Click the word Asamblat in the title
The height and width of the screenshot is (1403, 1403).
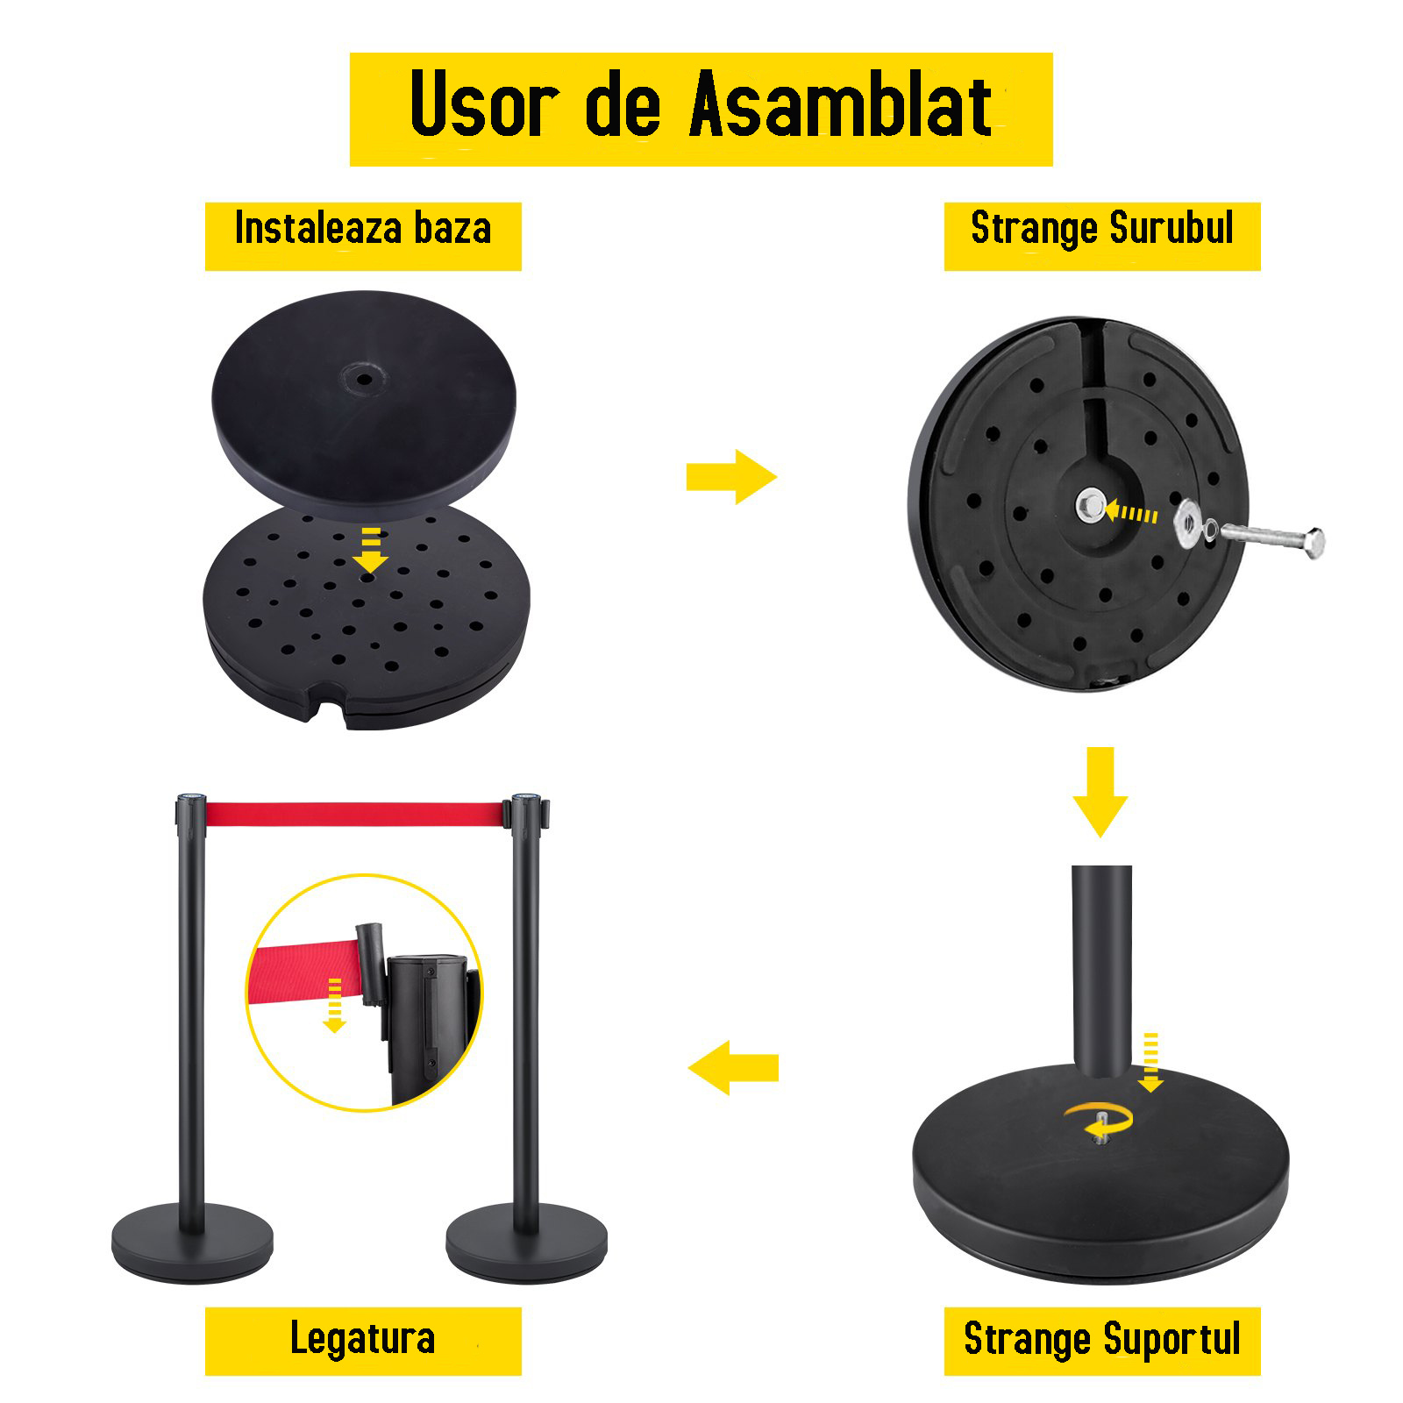pyautogui.click(x=841, y=105)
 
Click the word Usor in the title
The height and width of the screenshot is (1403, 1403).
pyautogui.click(x=485, y=105)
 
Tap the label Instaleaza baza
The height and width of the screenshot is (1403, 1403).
pyautogui.click(x=363, y=229)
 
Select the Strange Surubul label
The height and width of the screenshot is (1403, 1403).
pyautogui.click(x=1102, y=229)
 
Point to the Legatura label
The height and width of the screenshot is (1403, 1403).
pyautogui.click(x=363, y=1339)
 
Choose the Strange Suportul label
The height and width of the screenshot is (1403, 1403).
pyautogui.click(x=1102, y=1339)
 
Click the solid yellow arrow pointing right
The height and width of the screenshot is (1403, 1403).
pyautogui.click(x=731, y=477)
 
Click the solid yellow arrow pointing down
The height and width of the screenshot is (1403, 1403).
pyautogui.click(x=1100, y=792)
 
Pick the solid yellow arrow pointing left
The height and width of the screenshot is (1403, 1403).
pyautogui.click(x=733, y=1068)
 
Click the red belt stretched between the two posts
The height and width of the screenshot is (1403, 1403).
pyautogui.click(x=355, y=814)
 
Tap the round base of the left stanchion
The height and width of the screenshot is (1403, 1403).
pyautogui.click(x=192, y=1243)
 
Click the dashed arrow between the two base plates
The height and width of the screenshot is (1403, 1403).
pyautogui.click(x=371, y=550)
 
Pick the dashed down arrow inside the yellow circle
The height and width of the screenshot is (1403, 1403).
pyautogui.click(x=334, y=1006)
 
